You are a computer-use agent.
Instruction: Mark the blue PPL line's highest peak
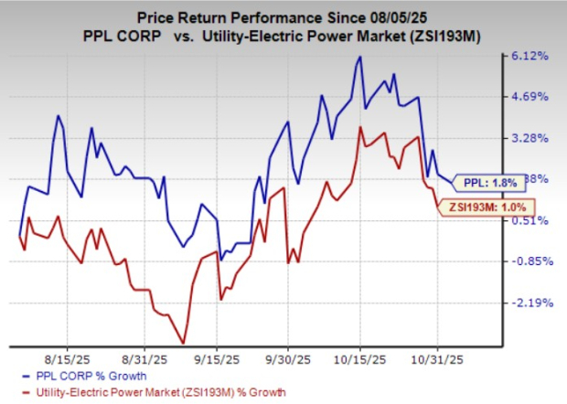point(360,57)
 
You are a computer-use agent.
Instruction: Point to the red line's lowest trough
point(184,343)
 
